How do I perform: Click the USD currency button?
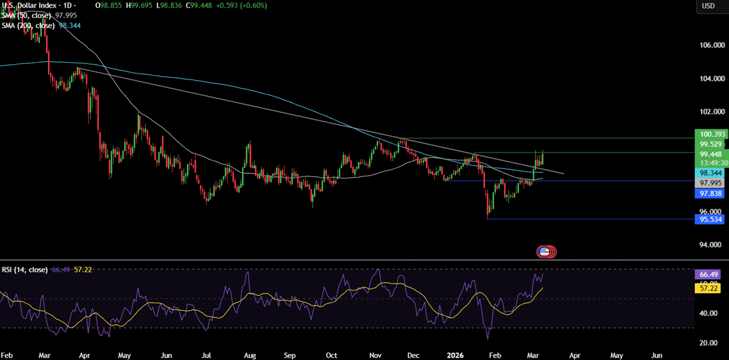708,6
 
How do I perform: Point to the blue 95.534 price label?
708,219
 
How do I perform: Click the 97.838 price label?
708,193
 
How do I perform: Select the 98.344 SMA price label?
708,172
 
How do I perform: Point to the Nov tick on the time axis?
376,355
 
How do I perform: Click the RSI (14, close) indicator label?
25,270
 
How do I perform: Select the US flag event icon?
544,252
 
